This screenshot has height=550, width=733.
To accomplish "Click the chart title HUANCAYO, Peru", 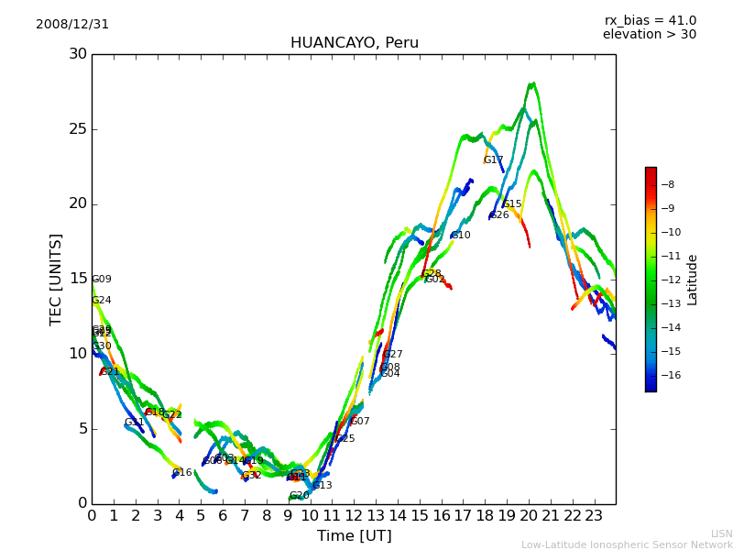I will [x=354, y=43].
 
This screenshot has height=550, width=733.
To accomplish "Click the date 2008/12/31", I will [x=72, y=25].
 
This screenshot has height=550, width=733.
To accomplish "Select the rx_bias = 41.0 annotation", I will [x=650, y=21].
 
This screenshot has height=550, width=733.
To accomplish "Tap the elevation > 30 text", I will [x=649, y=35].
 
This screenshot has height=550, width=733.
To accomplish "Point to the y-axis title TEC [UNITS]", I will [x=56, y=279].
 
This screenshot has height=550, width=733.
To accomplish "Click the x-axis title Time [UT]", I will [x=354, y=536].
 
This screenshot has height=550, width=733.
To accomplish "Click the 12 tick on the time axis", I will [x=354, y=516].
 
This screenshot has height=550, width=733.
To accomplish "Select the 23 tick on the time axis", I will [x=594, y=516].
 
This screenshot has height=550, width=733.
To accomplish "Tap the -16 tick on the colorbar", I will [x=666, y=375].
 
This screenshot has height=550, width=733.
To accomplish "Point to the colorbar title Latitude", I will [x=693, y=280].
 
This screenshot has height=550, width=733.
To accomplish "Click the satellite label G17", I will [x=493, y=160].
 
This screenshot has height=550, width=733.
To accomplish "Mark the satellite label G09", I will [x=102, y=280].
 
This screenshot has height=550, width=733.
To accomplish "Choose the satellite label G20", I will [x=299, y=496].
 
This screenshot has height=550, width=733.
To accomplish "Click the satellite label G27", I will [x=392, y=355].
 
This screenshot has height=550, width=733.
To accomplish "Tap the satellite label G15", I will [x=512, y=204].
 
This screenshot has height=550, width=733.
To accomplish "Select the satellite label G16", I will [x=182, y=473].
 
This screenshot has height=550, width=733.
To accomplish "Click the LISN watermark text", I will [x=722, y=533].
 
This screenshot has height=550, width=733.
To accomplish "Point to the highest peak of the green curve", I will [x=531, y=83].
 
